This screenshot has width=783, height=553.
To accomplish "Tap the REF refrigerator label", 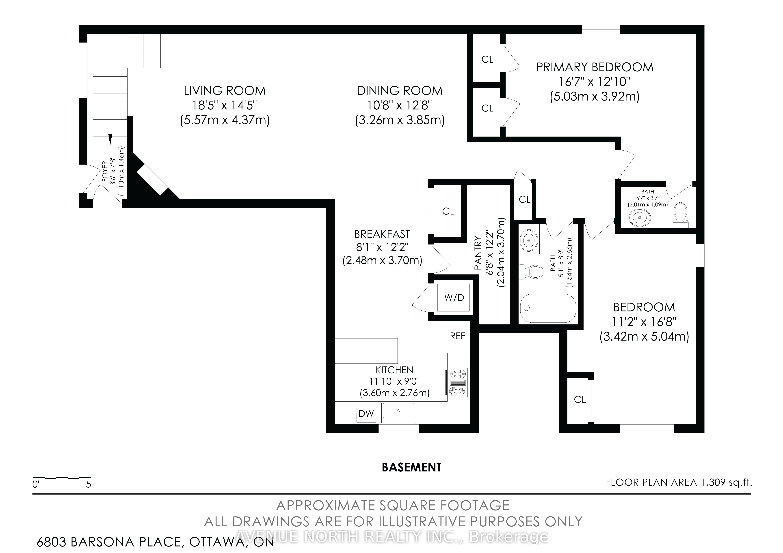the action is tap(457, 336).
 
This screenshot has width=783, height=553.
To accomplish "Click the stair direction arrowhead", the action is tap(110, 139).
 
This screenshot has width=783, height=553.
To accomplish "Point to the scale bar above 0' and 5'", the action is tap(61, 478).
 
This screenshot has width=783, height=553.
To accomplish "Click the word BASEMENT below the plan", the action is tap(412, 467).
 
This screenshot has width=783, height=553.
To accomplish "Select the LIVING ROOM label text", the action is tap(225, 91).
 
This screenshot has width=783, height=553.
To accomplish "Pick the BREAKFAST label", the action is tap(382, 234).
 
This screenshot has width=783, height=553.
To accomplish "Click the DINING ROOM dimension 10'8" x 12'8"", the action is tap(400, 105).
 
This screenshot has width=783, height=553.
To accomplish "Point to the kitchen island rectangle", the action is tap(367, 351).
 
